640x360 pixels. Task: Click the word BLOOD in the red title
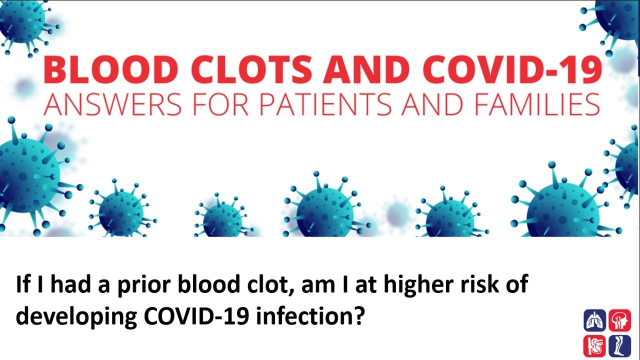click(x=111, y=69)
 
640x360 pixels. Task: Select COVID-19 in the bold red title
click(x=513, y=69)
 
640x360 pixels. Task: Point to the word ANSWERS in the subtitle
click(x=112, y=104)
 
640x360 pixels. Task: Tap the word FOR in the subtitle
click(x=220, y=104)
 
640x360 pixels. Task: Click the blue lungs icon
click(x=594, y=320)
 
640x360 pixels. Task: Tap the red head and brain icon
click(x=619, y=320)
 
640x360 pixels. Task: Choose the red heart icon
click(x=594, y=346)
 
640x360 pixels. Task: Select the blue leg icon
click(x=619, y=346)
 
